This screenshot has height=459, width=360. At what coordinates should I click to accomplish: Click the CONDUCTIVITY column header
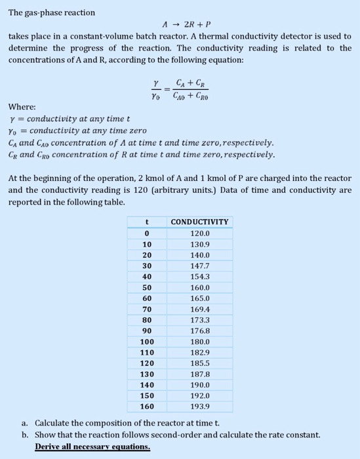(x=199, y=222)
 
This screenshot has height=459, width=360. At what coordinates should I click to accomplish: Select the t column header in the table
(x=148, y=222)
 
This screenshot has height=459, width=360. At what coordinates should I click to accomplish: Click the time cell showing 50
(x=148, y=287)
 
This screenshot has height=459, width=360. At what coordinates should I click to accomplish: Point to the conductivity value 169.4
(x=199, y=309)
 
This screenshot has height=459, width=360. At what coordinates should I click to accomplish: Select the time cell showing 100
(x=148, y=342)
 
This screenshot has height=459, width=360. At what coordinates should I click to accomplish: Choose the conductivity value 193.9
(x=199, y=407)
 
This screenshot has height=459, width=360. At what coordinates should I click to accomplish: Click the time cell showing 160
(x=148, y=407)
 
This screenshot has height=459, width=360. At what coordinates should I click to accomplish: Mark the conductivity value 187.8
(x=199, y=374)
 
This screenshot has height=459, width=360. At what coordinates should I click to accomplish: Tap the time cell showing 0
(x=148, y=233)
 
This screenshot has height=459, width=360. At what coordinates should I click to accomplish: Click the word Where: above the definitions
(x=22, y=108)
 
